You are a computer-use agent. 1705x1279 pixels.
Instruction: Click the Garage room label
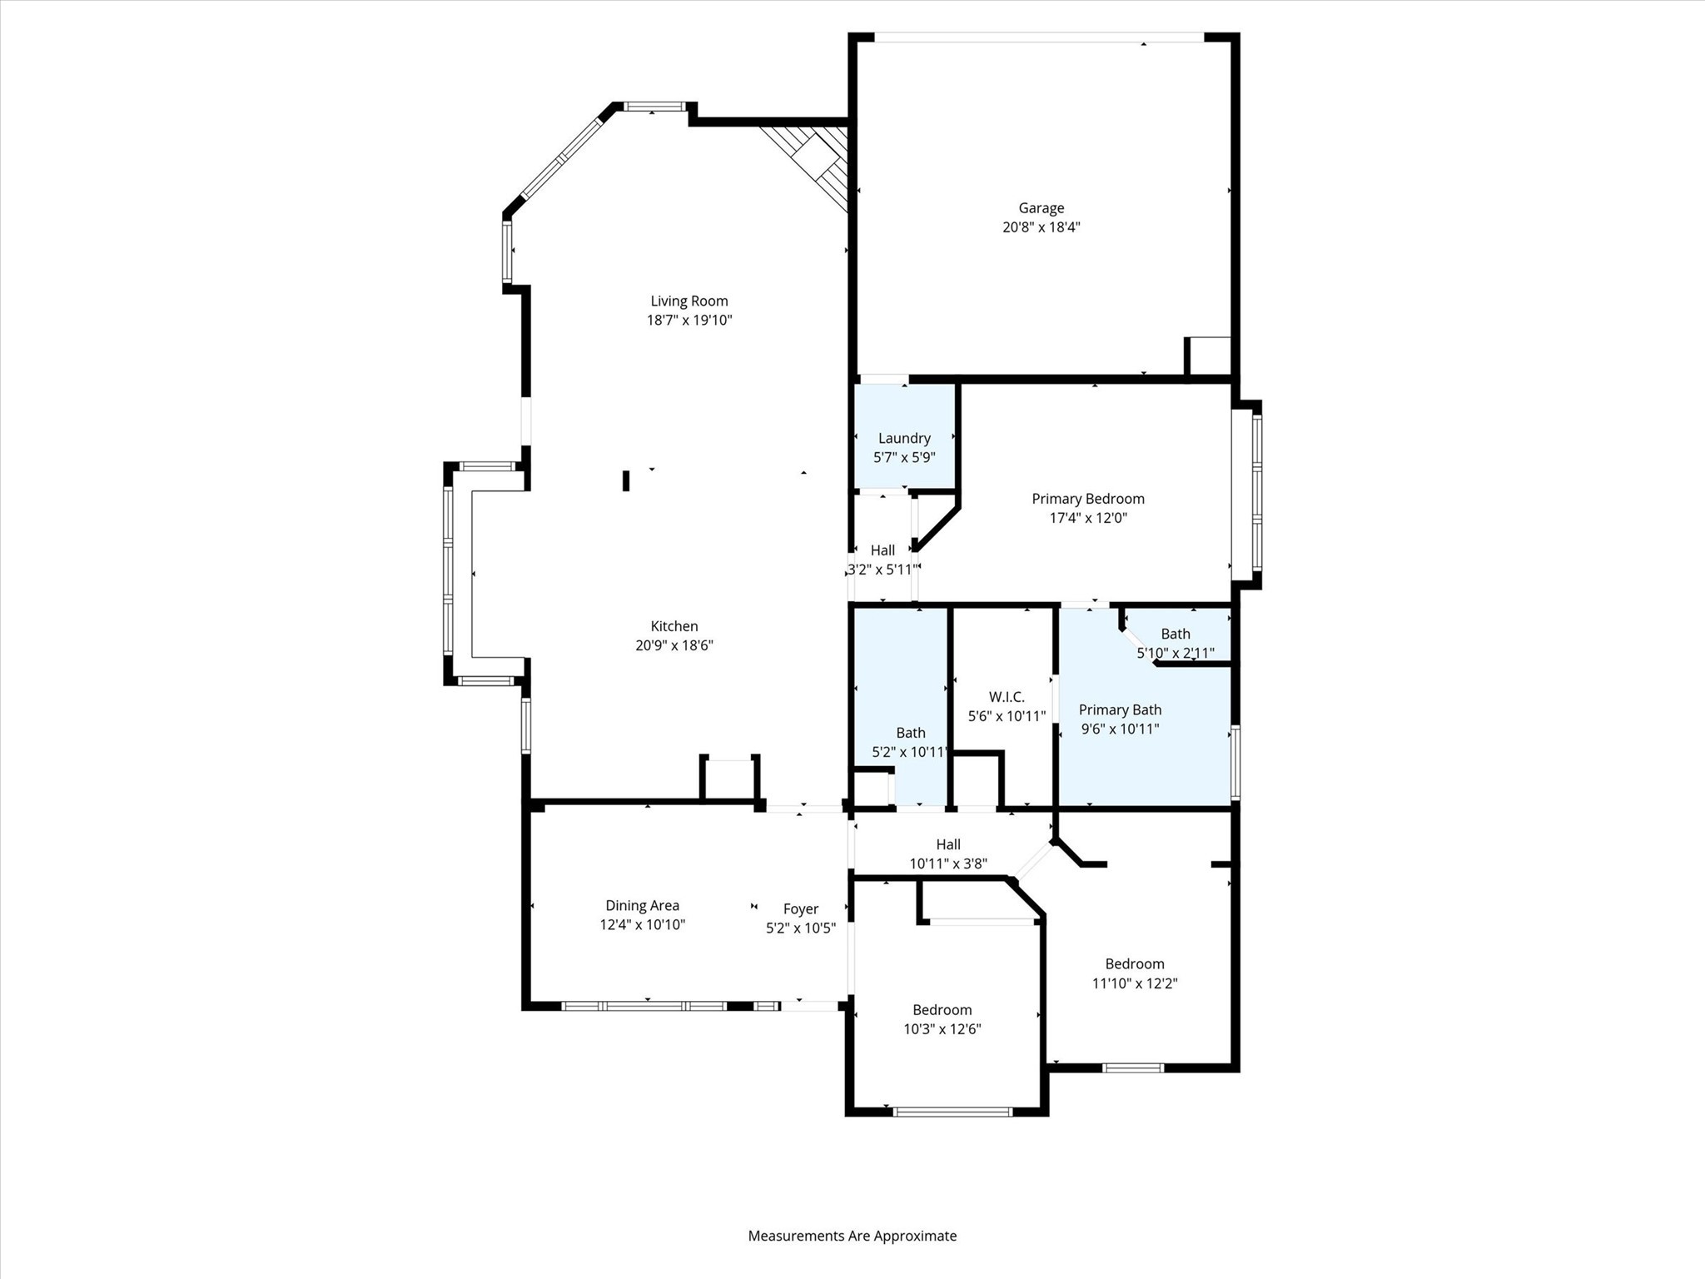point(1041,208)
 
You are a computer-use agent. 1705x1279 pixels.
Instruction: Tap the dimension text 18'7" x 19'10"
point(689,320)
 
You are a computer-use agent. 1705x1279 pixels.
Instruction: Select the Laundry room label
point(904,438)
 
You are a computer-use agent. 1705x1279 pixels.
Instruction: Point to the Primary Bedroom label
point(1088,499)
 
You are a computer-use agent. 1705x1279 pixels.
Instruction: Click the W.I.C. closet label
point(1007,697)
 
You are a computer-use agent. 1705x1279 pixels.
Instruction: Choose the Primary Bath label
point(1120,709)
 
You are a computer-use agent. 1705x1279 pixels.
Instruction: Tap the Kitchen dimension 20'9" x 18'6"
point(674,645)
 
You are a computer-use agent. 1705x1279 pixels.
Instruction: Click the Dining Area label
point(642,905)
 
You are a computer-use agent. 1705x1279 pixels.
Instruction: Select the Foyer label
point(801,909)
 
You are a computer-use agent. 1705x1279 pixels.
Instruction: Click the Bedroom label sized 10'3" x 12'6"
point(942,1010)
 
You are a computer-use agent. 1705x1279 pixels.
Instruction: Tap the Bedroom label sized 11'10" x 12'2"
point(1135,964)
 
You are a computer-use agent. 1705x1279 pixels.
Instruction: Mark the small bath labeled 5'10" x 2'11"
point(1176,635)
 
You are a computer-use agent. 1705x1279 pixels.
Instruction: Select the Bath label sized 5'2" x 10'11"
point(910,733)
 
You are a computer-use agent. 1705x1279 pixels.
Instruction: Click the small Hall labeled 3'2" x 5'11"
point(882,550)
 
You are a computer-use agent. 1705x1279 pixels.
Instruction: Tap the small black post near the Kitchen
point(626,480)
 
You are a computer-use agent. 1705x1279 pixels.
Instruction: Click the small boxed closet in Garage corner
point(1208,356)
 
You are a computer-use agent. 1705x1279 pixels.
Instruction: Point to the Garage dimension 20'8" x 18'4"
point(1041,227)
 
